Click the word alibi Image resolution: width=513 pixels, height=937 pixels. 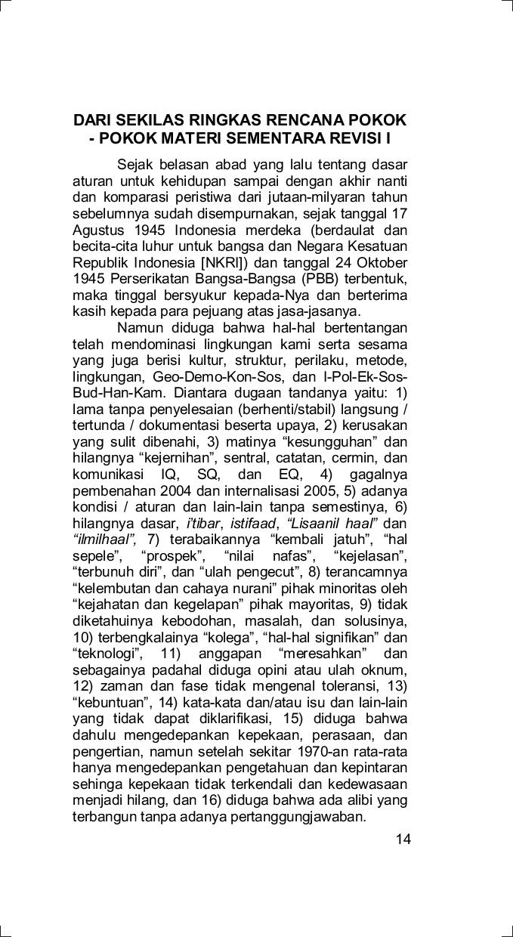coord(358,802)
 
